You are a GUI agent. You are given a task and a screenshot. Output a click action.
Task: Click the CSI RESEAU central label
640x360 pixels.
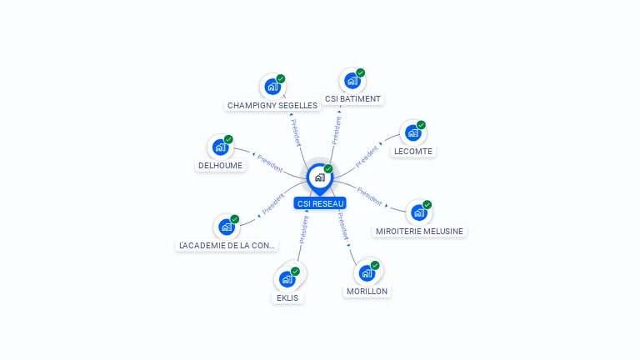pyautogui.click(x=320, y=203)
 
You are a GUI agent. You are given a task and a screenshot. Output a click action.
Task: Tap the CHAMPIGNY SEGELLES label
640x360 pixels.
pyautogui.click(x=272, y=106)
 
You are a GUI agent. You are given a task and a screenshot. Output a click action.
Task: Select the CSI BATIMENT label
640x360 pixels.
pyautogui.click(x=353, y=99)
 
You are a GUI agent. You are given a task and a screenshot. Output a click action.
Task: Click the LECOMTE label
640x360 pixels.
pyautogui.click(x=413, y=152)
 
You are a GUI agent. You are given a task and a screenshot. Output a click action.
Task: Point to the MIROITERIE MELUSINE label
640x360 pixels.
pyautogui.click(x=419, y=231)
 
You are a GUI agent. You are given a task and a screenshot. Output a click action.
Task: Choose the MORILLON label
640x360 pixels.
pyautogui.click(x=367, y=292)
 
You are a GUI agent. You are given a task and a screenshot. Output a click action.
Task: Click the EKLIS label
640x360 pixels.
pyautogui.click(x=287, y=297)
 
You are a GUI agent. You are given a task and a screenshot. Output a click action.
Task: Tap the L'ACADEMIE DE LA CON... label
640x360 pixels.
pyautogui.click(x=227, y=246)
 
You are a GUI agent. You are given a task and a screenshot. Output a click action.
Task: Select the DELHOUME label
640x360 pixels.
pyautogui.click(x=221, y=166)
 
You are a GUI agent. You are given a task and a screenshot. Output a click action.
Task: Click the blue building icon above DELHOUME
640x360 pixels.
pyautogui.click(x=220, y=147)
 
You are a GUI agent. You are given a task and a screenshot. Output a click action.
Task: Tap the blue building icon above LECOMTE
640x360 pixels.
pyautogui.click(x=412, y=133)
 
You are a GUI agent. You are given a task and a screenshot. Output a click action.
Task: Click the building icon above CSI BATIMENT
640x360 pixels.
pyautogui.click(x=352, y=81)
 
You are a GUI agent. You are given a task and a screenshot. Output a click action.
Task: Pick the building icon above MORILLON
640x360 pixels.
pyautogui.click(x=366, y=273)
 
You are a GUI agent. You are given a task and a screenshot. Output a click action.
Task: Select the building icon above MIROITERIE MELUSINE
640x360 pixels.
pyautogui.click(x=418, y=212)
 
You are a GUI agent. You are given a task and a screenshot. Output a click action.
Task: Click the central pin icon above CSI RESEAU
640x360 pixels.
pyautogui.click(x=319, y=177)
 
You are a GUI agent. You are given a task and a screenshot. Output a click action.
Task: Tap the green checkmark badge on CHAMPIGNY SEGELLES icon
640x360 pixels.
pyautogui.click(x=281, y=78)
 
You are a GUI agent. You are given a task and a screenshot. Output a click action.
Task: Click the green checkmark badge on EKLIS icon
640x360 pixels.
pyautogui.click(x=295, y=272)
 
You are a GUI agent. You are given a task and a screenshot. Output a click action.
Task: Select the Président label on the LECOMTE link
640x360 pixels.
pyautogui.click(x=367, y=156)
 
